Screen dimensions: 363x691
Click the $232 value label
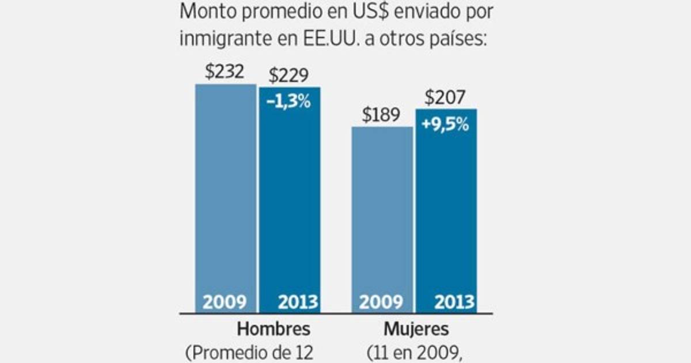pos(225,71)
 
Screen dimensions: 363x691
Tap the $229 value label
pos(288,75)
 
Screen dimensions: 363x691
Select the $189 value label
pos(381,115)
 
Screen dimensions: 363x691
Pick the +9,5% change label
pos(445,124)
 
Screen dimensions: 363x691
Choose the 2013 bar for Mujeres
pos(446,213)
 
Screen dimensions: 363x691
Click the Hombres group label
pos(274,329)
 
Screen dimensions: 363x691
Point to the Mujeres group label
pos(416,329)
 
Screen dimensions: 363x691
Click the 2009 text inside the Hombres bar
pos(225,302)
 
